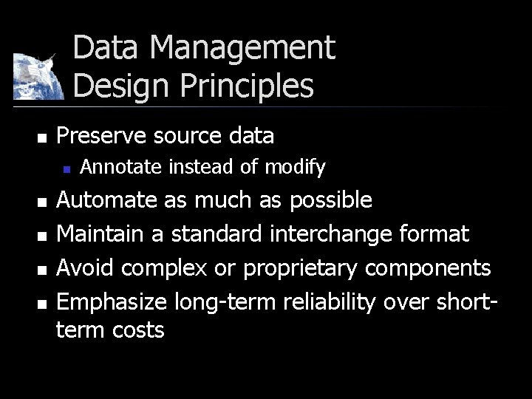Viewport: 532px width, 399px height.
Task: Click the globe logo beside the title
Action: (x=35, y=76)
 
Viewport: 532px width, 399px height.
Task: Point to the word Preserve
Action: (x=97, y=136)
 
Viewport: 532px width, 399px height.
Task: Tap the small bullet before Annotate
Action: (x=66, y=169)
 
